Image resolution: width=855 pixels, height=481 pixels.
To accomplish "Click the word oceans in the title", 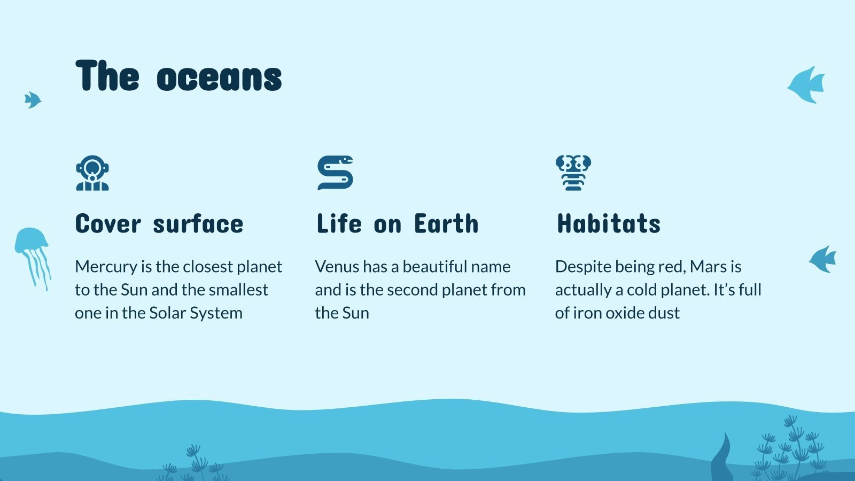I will pos(219,77).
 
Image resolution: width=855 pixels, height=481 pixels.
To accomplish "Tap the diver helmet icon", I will pos(92,173).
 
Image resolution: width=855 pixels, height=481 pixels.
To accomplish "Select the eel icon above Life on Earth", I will pos(335,173).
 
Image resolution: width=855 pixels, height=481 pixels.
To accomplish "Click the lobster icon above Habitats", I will pos(573,173).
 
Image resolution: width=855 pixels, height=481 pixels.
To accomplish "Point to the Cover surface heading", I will pos(159,223).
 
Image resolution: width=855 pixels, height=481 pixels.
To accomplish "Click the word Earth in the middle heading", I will pos(446,223).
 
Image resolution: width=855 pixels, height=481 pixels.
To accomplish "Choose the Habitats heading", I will pos(609,223).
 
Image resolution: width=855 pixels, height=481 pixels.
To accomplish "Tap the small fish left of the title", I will pos(33,99).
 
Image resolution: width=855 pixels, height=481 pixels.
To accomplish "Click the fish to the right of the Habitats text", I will pos(823,260).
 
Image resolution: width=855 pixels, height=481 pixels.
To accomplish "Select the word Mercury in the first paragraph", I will pos(106,267).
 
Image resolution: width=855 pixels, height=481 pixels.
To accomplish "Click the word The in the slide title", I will pos(107,77).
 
